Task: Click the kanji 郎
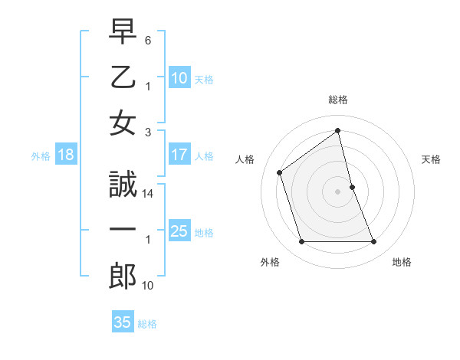point(123,277)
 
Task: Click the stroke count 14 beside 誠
point(149,195)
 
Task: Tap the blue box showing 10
point(179,77)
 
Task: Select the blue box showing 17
point(179,155)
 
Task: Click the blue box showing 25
point(179,231)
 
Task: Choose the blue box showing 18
point(66,155)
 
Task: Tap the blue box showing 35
point(123,322)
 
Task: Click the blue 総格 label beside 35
point(147,324)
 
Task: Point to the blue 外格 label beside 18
point(41,156)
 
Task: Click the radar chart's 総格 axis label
point(338,100)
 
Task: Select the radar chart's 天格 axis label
point(432,159)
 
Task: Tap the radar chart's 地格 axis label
point(402,262)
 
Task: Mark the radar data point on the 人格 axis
point(280,172)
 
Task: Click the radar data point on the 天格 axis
point(352,187)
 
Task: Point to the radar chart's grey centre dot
point(338,191)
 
